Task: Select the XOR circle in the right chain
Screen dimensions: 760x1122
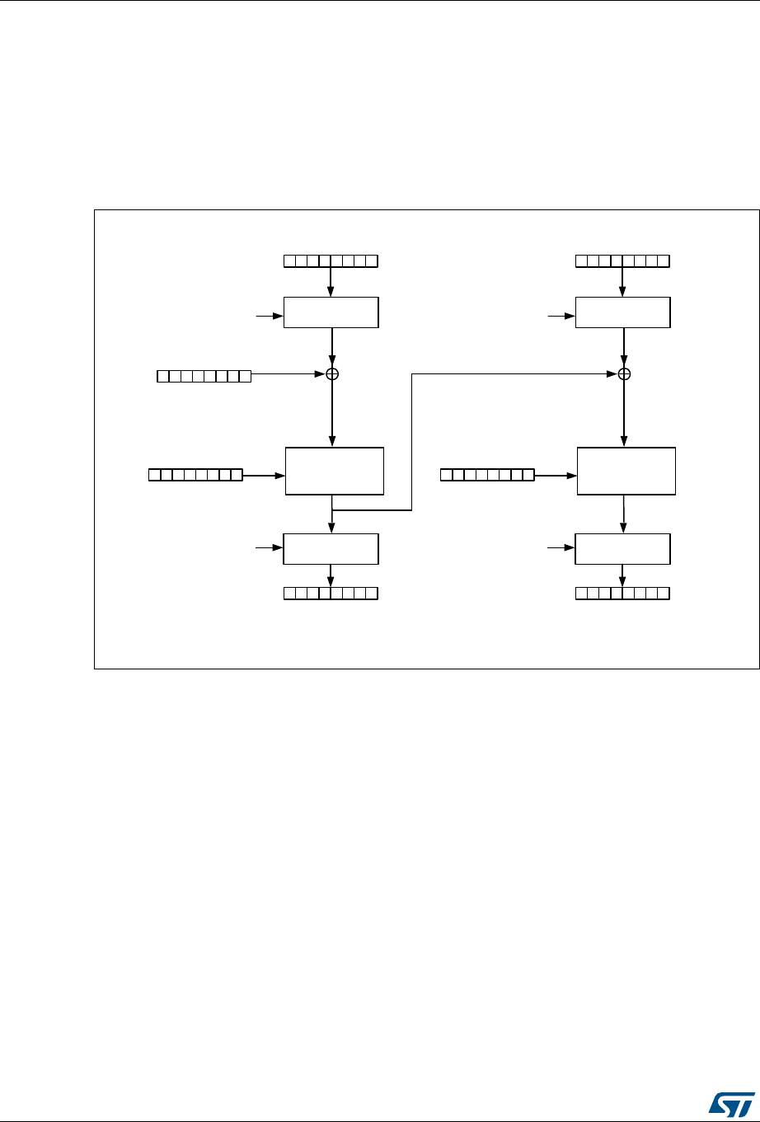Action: click(624, 374)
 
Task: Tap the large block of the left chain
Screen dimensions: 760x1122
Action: click(334, 471)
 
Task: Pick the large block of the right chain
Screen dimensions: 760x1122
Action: click(626, 471)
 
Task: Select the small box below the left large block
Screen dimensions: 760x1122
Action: click(331, 548)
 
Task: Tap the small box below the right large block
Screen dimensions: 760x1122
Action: click(622, 548)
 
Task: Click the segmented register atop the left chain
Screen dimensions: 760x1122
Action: click(331, 261)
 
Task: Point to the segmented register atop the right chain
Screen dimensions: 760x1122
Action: click(622, 261)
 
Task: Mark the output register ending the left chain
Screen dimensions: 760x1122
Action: click(331, 593)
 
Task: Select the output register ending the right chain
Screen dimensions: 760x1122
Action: click(622, 593)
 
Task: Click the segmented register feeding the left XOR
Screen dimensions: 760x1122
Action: click(204, 376)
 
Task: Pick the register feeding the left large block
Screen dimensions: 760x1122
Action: click(195, 475)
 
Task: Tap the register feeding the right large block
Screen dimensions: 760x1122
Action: click(487, 475)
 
